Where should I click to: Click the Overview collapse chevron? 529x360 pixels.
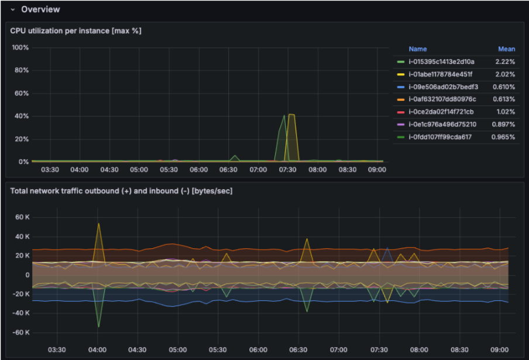(12, 9)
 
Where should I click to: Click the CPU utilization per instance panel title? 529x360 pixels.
(76, 30)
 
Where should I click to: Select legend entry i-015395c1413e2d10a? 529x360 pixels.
(441, 61)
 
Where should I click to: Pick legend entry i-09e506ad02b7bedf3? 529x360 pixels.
(443, 87)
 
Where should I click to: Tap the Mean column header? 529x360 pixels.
(506, 49)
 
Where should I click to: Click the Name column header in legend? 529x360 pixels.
(418, 49)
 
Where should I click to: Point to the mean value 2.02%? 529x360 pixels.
(504, 74)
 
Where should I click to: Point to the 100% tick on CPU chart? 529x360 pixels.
(20, 47)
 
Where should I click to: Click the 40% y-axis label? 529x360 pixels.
(22, 116)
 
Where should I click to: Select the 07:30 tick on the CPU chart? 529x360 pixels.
(287, 170)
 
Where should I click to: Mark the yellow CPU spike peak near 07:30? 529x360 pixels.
(291, 115)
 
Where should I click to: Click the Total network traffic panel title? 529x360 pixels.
(121, 191)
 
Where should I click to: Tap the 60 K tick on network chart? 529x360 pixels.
(22, 217)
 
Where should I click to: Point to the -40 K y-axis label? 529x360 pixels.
(20, 313)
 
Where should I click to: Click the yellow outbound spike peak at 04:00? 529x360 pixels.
(98, 223)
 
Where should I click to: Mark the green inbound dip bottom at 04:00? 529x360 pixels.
(98, 327)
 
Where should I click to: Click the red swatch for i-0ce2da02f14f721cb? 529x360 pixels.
(400, 112)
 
